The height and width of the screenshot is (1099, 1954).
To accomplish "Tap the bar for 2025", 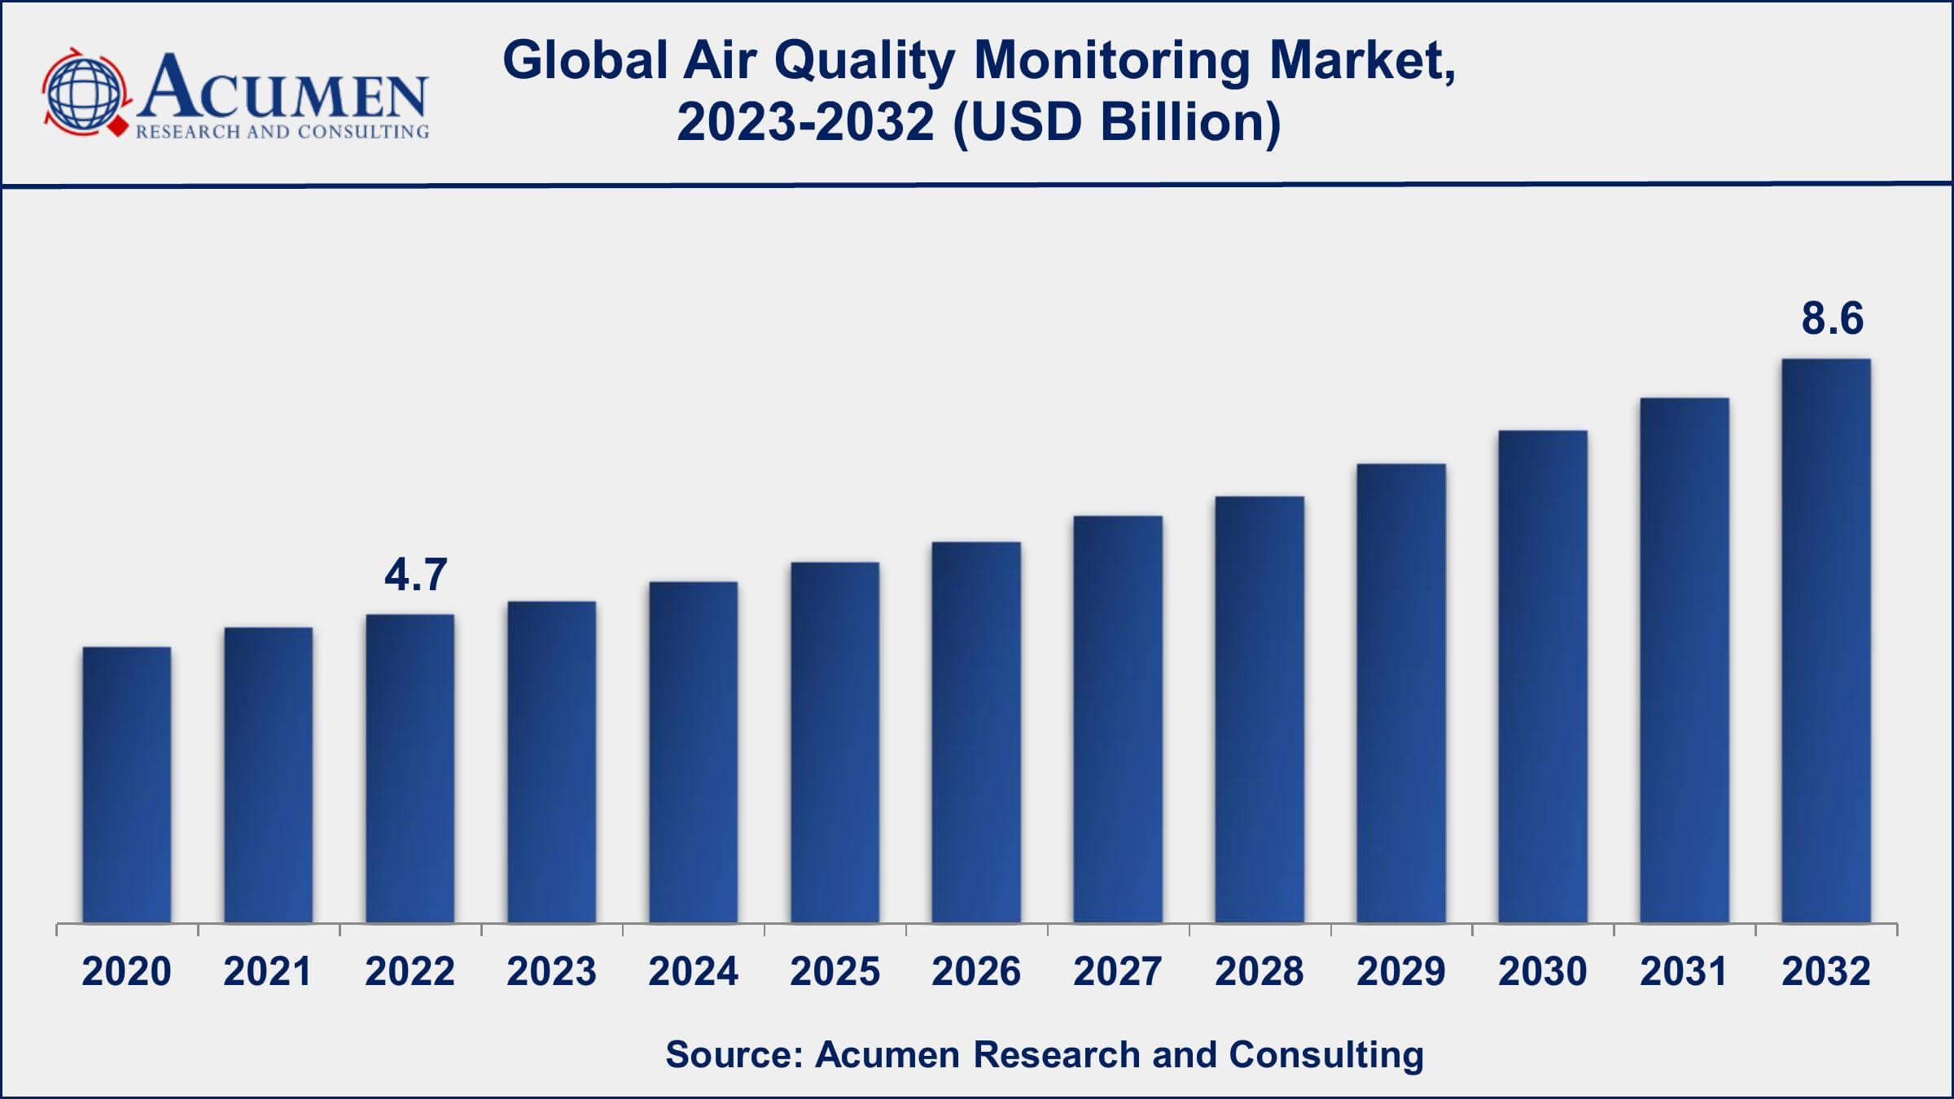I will coord(835,742).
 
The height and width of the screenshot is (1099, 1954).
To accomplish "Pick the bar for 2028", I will coord(1260,709).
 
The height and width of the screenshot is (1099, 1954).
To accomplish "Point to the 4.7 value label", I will coord(415,575).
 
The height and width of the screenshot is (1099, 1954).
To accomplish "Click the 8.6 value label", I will coord(1832,317).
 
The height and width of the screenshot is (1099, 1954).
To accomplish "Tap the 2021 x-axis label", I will coord(268,971).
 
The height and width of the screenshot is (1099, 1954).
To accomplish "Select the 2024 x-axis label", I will coord(693,971).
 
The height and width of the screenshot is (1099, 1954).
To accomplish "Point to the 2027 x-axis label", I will coord(1118,971).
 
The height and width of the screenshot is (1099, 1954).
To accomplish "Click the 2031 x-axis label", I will coord(1684,971).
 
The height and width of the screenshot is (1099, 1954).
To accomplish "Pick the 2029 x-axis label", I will coord(1400,971).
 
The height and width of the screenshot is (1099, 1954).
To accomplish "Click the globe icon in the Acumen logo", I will coord(85,92).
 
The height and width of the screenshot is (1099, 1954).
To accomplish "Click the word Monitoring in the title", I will coord(1111,61).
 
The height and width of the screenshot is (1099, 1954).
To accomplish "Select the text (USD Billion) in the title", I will coord(1116,122).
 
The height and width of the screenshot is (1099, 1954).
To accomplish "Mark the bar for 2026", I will coord(976,732).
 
